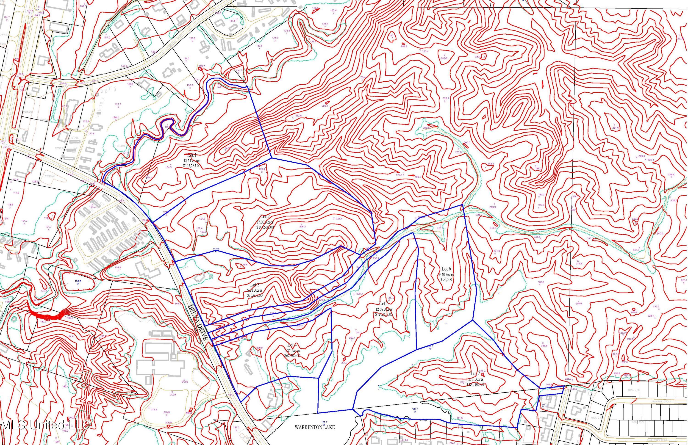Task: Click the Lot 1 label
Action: click(192, 155)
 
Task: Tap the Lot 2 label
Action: click(265, 217)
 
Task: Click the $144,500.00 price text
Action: click(265, 227)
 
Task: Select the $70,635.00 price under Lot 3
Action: click(255, 295)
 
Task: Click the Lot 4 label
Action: click(292, 345)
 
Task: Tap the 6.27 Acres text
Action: click(292, 350)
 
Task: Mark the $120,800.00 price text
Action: click(384, 314)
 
